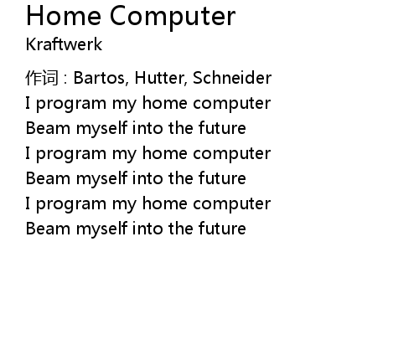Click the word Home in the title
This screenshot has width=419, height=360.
click(x=64, y=16)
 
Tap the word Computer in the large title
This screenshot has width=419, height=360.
click(x=173, y=18)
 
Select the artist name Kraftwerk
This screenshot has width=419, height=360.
click(x=64, y=44)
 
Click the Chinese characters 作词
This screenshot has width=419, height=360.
click(x=42, y=78)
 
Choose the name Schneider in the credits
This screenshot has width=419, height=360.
click(x=232, y=78)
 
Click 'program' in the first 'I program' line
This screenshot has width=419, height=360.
click(x=71, y=104)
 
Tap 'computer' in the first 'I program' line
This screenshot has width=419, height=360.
click(x=231, y=104)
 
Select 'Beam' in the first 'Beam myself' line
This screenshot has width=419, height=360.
click(x=48, y=128)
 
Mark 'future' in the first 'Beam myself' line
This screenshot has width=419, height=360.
click(x=222, y=128)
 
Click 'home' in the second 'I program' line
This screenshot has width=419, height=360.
click(x=164, y=153)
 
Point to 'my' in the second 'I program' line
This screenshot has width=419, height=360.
click(x=124, y=154)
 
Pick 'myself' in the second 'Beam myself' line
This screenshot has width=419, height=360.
click(x=101, y=179)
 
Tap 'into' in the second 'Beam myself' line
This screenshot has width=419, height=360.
click(x=147, y=178)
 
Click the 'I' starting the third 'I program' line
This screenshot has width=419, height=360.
click(x=28, y=203)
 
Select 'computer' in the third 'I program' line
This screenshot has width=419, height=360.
click(x=231, y=204)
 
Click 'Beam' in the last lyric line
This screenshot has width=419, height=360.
click(x=48, y=229)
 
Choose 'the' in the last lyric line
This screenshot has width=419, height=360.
click(x=180, y=229)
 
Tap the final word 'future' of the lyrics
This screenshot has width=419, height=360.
click(x=222, y=229)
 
